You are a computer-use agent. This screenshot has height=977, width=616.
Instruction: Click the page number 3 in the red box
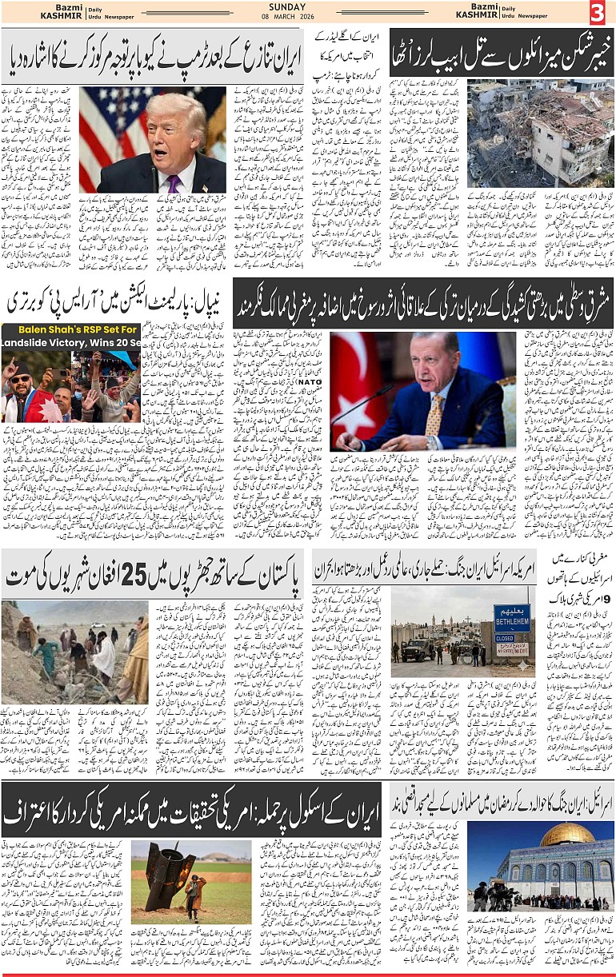coord(597,13)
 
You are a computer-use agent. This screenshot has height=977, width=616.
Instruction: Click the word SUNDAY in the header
coord(287,6)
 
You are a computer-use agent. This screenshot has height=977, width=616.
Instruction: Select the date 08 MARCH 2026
coord(287,18)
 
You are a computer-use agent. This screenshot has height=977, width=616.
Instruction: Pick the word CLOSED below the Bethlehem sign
coord(505,639)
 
